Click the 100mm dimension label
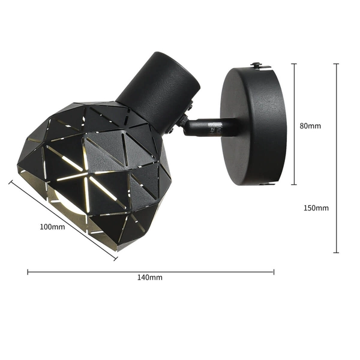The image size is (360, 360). pyautogui.click(x=52, y=227)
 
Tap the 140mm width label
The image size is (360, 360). pyautogui.click(x=150, y=278)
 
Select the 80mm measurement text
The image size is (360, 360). pyautogui.click(x=310, y=126)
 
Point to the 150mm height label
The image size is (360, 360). pyautogui.click(x=316, y=208)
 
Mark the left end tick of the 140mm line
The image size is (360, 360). pyautogui.click(x=28, y=272)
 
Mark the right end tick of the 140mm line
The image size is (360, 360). pyautogui.click(x=274, y=272)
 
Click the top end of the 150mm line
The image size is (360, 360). pyautogui.click(x=335, y=64)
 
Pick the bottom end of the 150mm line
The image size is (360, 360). pyautogui.click(x=335, y=253)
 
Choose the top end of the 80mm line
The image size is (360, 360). pyautogui.click(x=294, y=64)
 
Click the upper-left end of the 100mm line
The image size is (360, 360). pyautogui.click(x=10, y=181)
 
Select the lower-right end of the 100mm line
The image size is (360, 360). pyautogui.click(x=116, y=259)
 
